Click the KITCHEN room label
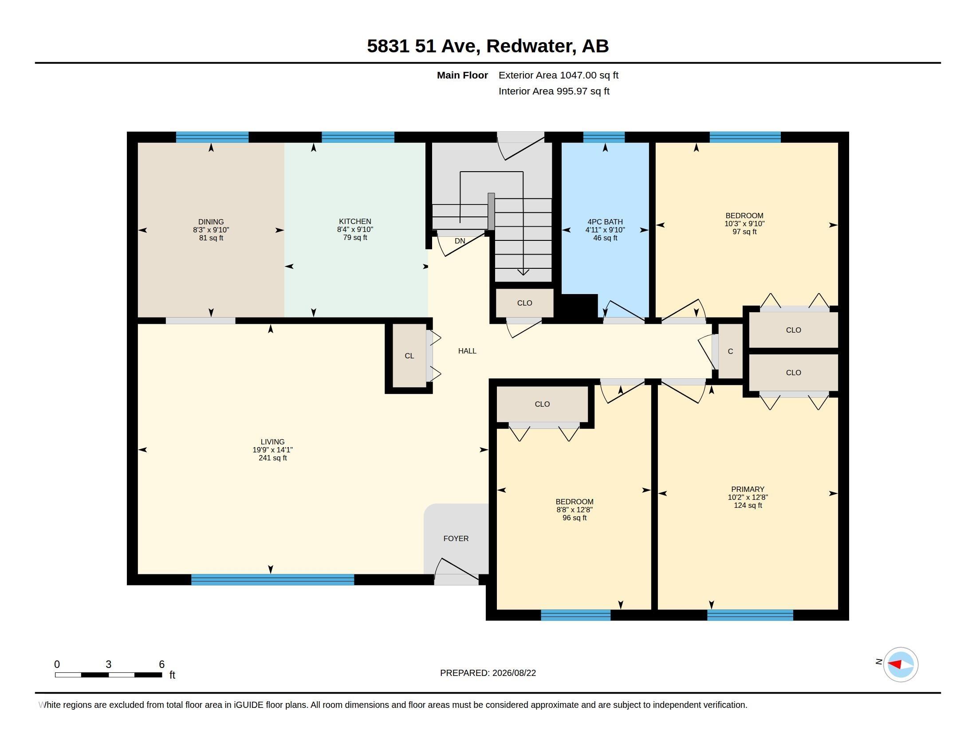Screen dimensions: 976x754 355,222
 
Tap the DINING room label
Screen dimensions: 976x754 211,222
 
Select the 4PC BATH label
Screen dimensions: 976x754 605,222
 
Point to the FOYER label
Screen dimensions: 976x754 456,539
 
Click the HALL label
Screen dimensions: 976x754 467,351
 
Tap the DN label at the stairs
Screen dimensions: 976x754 460,241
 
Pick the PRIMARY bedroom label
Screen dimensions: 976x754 748,490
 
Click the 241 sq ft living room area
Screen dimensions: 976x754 272,458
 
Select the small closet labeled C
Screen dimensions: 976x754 730,352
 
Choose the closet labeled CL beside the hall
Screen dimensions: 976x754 409,356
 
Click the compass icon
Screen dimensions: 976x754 901,664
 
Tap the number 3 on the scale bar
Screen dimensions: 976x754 108,664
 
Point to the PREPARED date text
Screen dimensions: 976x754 488,673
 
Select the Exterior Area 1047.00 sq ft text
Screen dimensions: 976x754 558,75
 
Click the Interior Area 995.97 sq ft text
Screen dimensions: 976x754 554,91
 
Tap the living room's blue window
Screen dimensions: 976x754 272,580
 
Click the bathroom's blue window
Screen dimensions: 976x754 604,137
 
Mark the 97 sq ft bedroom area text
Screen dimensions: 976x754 744,232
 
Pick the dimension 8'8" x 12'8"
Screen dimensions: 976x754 574,510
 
